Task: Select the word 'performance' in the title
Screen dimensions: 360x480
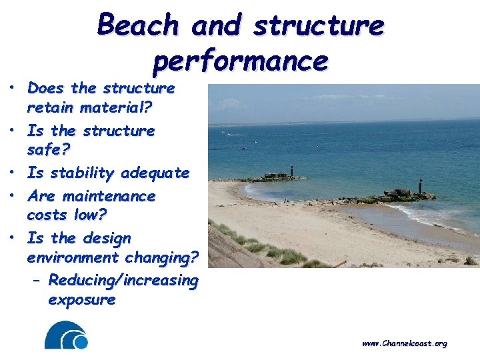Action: (241, 61)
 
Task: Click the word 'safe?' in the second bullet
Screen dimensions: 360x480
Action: (44, 150)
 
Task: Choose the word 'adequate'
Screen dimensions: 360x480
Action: (155, 173)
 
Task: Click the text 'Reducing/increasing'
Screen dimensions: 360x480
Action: (123, 281)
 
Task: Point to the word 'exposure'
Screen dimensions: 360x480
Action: (81, 300)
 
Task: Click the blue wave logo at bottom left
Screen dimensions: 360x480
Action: (66, 335)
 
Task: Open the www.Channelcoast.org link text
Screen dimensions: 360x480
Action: (404, 343)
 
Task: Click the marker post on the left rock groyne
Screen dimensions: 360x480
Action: (291, 171)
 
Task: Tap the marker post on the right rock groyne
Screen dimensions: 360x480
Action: (420, 185)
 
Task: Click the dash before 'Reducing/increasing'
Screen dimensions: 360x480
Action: (37, 281)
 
